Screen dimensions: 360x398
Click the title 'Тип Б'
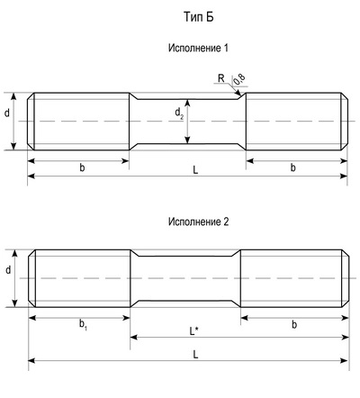tap(198, 17)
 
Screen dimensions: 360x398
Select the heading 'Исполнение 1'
tap(198, 48)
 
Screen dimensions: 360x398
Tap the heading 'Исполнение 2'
tap(198, 222)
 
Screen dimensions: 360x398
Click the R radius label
tap(221, 78)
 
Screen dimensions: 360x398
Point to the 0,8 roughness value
tap(239, 79)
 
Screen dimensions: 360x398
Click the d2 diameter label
tap(179, 113)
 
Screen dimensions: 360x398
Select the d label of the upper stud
tap(7, 113)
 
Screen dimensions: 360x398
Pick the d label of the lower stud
tap(8, 270)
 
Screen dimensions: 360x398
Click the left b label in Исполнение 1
tap(82, 167)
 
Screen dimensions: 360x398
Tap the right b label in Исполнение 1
tap(293, 167)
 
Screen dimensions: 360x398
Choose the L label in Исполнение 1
tap(195, 170)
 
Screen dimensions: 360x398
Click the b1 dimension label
tap(83, 325)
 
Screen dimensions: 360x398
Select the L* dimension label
tap(193, 331)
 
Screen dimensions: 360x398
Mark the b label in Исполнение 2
tap(294, 324)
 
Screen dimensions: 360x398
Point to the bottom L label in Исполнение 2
tap(195, 355)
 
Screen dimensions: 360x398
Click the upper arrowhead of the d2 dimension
tap(187, 103)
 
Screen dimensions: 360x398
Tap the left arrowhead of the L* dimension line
tap(133, 338)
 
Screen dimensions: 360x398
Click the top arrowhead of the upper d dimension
tap(13, 96)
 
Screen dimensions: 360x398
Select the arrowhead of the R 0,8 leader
tap(238, 93)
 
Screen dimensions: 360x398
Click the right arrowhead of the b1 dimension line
tap(127, 318)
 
